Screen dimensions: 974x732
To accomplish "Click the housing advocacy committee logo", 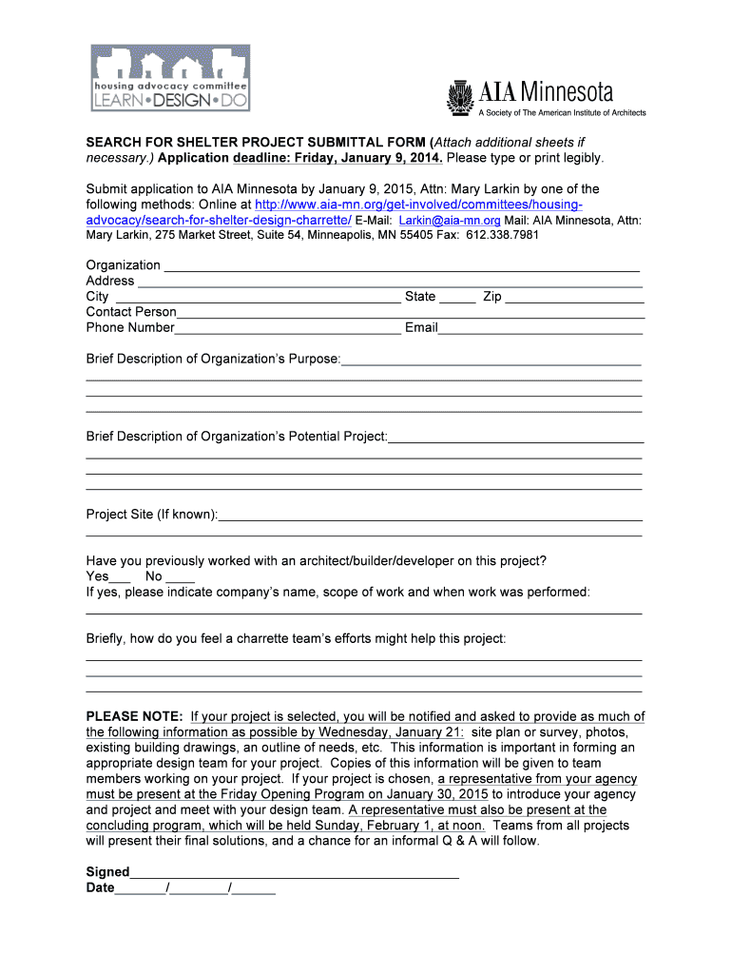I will pos(170,78).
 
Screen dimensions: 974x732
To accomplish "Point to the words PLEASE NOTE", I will pos(134,716).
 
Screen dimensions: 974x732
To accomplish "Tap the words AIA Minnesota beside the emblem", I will pos(546,92).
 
